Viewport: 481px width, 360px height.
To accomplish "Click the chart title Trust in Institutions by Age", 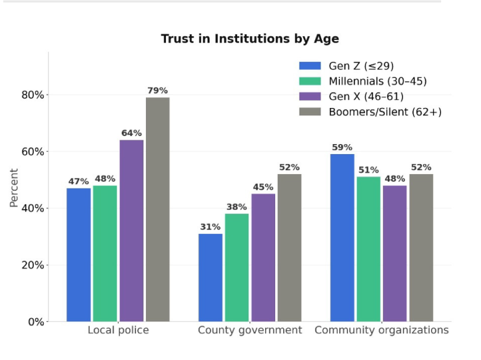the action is pyautogui.click(x=250, y=39).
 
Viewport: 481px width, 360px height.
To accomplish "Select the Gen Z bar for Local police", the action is pyautogui.click(x=79, y=255).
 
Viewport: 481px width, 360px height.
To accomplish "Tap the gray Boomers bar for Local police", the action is pyautogui.click(x=158, y=209).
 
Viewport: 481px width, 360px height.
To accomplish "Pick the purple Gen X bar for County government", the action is pyautogui.click(x=263, y=258).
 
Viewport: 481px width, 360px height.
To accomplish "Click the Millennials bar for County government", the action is pyautogui.click(x=237, y=268).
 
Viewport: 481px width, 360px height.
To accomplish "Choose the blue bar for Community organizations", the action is pyautogui.click(x=343, y=238).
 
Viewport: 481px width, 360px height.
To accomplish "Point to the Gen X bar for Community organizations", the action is pyautogui.click(x=395, y=253).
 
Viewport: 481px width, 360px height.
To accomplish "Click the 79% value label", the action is pyautogui.click(x=158, y=90).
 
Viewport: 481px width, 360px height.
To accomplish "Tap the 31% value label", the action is pyautogui.click(x=210, y=227).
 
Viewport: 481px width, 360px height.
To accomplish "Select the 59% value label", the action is pyautogui.click(x=342, y=147).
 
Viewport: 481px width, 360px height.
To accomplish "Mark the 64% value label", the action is pyautogui.click(x=132, y=133).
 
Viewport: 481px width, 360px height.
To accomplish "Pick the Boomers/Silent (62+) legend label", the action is pyautogui.click(x=386, y=112).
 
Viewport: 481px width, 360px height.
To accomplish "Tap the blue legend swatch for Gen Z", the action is pyautogui.click(x=310, y=66).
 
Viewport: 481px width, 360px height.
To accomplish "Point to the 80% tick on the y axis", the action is pyautogui.click(x=33, y=95).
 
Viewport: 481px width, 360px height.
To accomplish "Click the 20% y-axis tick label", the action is pyautogui.click(x=33, y=265).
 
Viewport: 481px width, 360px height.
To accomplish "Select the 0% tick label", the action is pyautogui.click(x=36, y=322).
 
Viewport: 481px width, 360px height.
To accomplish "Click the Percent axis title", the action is pyautogui.click(x=14, y=188).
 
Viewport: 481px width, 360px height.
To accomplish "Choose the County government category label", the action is pyautogui.click(x=250, y=330).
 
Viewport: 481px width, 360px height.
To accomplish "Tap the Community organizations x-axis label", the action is pyautogui.click(x=382, y=330).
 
